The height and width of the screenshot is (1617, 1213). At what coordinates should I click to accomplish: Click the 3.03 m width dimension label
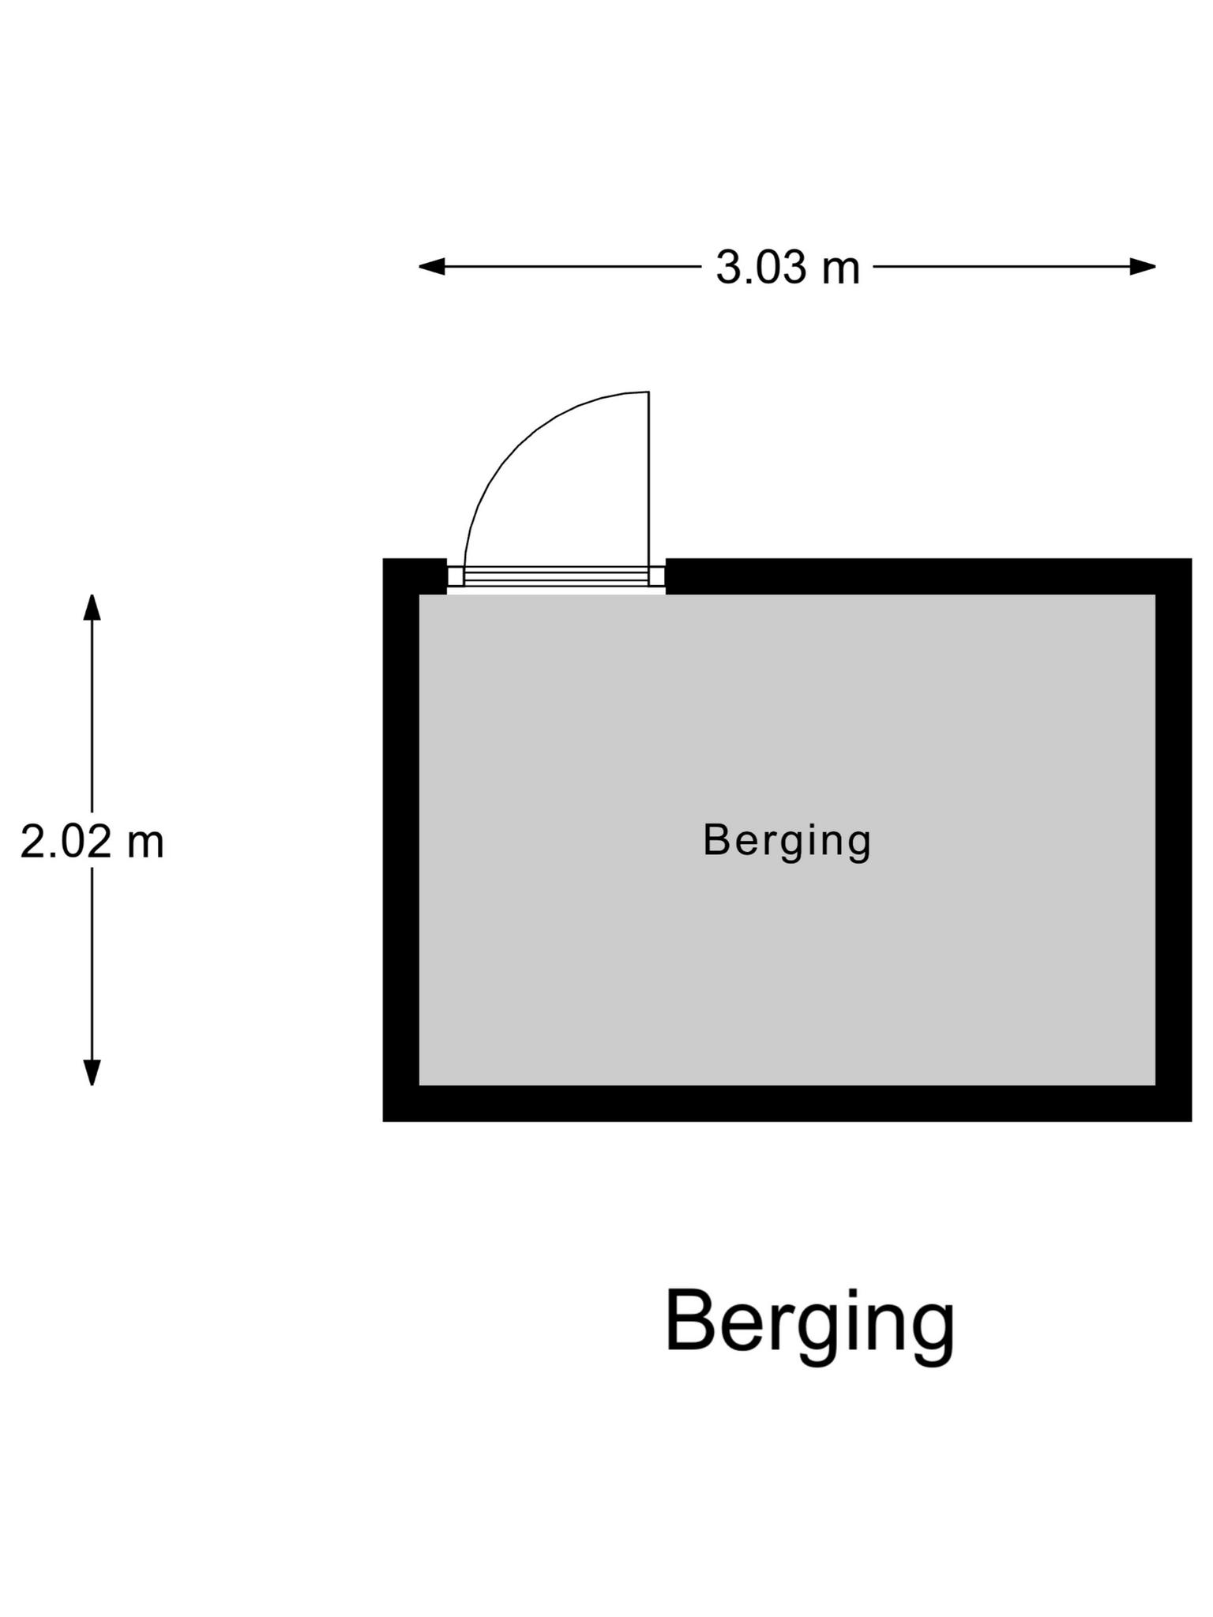point(787,267)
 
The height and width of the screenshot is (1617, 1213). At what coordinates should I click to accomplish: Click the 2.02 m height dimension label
point(92,842)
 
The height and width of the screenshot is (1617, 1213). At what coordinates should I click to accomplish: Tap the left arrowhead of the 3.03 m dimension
point(431,267)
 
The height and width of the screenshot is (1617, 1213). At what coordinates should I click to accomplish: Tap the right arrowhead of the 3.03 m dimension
point(1143,267)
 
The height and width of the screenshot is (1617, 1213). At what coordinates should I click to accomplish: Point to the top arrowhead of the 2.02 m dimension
point(92,607)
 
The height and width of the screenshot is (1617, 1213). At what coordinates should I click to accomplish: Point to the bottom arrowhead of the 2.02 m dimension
point(92,1072)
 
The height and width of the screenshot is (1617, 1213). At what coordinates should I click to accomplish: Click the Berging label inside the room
point(787,842)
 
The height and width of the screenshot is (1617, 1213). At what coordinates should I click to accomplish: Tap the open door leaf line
point(649,479)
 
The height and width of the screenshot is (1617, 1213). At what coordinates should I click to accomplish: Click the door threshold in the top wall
point(556,576)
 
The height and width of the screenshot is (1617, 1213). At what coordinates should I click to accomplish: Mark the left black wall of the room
point(400,840)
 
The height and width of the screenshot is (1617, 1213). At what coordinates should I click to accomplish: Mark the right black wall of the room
point(1174,840)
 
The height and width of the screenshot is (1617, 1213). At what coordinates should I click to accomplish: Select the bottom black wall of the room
point(787,1103)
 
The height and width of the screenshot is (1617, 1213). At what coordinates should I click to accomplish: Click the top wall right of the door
point(929,576)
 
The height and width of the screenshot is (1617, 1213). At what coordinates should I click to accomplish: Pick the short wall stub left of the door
point(415,576)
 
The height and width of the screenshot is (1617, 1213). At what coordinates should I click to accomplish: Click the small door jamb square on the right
point(657,576)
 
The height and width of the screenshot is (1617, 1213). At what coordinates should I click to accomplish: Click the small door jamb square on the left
point(456,576)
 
